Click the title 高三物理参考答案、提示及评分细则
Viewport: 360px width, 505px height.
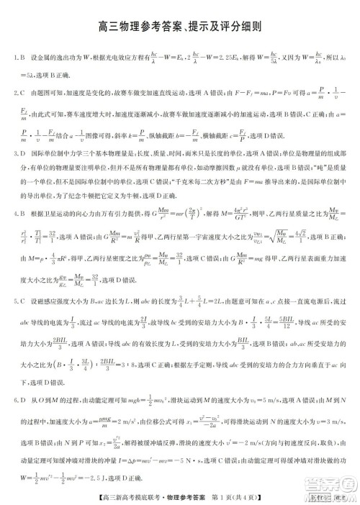click(179, 27)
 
